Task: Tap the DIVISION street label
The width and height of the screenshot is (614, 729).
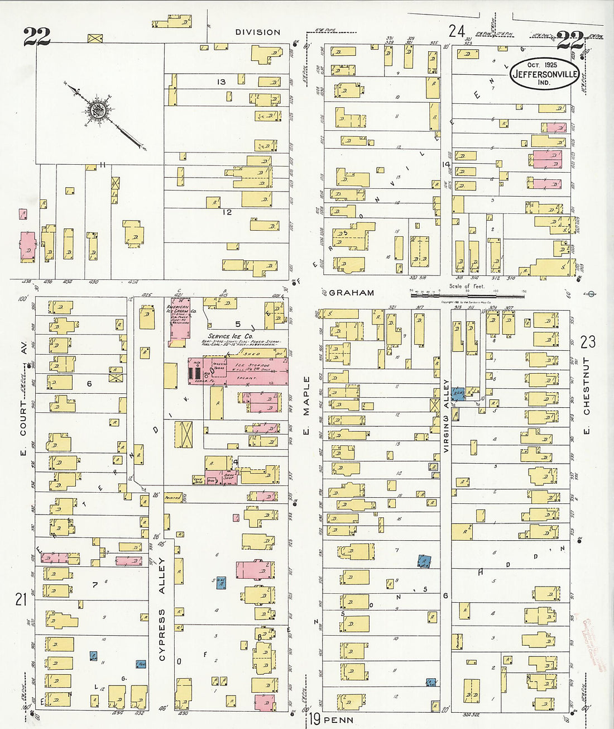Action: point(257,32)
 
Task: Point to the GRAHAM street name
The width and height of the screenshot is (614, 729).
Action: point(351,292)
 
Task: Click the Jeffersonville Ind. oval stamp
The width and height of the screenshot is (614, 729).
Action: point(544,73)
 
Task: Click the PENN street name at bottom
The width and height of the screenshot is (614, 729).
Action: point(338,720)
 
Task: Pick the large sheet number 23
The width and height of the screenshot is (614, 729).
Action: point(587,341)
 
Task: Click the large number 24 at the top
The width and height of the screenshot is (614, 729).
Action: point(457,31)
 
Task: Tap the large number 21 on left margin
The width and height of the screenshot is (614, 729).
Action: point(21,600)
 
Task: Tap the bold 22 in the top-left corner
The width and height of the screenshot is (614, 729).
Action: point(36,37)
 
